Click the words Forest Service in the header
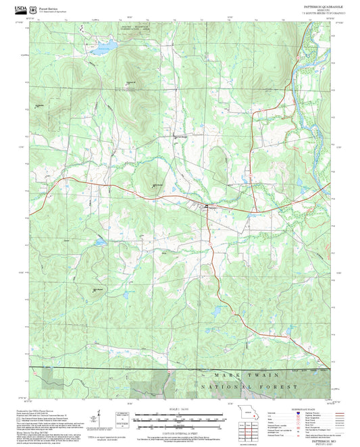[49, 9]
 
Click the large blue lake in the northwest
[103, 50]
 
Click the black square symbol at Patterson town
[206, 206]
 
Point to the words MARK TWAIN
[238, 373]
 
